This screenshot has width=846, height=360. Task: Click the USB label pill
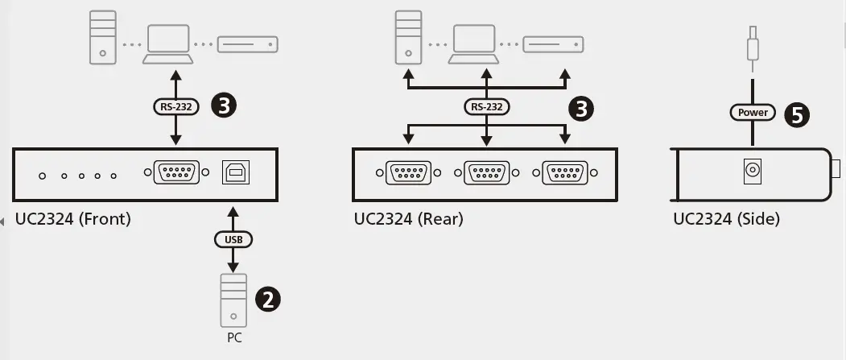pos(233,239)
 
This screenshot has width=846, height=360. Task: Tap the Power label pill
pos(753,113)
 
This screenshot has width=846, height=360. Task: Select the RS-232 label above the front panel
pos(175,105)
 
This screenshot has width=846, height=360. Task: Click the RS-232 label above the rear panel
pos(486,106)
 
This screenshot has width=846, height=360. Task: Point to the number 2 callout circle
pos(268,299)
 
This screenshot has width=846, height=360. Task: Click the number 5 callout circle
pos(797,114)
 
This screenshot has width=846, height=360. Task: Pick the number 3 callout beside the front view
pos(223,105)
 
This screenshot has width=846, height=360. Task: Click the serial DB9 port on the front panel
pos(175,172)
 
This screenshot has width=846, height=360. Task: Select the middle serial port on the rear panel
pos(486,172)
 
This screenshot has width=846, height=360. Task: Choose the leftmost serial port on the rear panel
pos(409,172)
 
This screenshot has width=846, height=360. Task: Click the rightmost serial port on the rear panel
pos(564,172)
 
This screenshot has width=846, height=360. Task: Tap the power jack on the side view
pos(752,171)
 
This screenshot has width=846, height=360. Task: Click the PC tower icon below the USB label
pos(233,299)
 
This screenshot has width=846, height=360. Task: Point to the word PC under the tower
pos(233,338)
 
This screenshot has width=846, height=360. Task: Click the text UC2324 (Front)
pos(72,219)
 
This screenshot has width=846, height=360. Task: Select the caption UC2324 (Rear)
pos(408,219)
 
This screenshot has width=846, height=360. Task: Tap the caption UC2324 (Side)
pos(726,219)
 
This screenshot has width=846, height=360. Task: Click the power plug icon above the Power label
pos(752,47)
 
